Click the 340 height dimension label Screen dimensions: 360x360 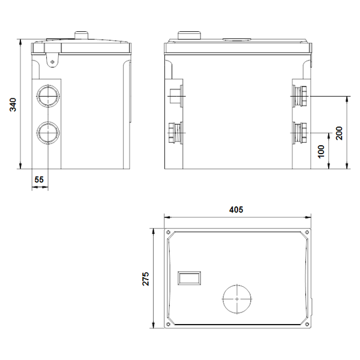coord(13,104)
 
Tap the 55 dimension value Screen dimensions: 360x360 coord(39,179)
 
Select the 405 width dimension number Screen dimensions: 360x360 coord(236,209)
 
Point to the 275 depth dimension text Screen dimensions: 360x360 coord(146,279)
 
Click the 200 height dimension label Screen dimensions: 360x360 coord(339,133)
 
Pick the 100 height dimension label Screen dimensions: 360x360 coord(321,151)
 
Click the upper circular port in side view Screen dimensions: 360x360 coord(48,96)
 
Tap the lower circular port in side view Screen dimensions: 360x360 coord(48,133)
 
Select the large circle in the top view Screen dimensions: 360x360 coord(237,299)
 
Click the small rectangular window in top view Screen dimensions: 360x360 coord(189,278)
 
